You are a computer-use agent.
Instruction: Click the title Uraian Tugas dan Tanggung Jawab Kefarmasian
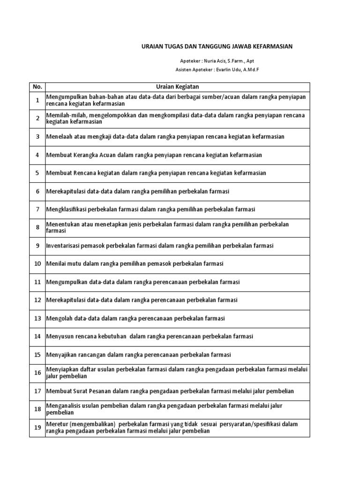(217, 46)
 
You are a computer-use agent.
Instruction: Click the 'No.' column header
(37, 87)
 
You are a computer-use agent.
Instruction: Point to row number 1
(37, 100)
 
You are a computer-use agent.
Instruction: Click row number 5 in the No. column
(37, 173)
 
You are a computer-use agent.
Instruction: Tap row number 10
(37, 264)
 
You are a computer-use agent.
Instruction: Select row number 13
(37, 318)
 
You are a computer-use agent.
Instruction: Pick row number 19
(37, 427)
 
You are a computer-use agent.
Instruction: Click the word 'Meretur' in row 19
(56, 424)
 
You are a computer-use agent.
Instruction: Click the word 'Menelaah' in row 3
(58, 136)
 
